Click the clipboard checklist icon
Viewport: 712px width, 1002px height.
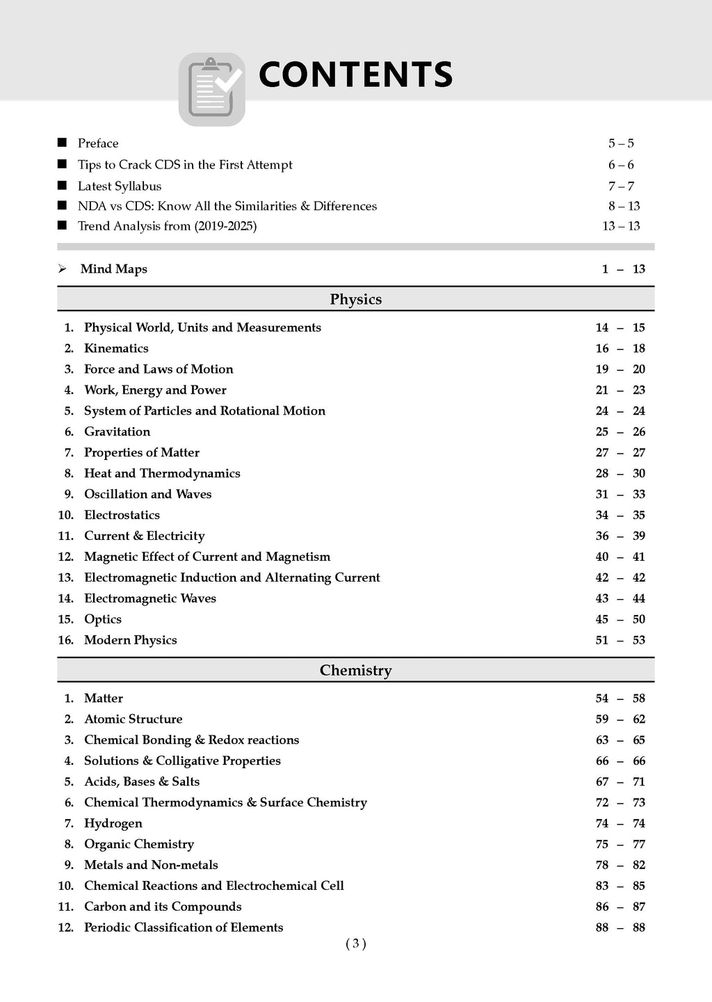click(212, 89)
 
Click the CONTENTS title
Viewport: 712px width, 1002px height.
click(355, 75)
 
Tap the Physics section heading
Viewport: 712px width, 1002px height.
click(355, 299)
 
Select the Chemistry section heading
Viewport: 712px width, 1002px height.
click(355, 670)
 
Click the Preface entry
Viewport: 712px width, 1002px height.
click(98, 143)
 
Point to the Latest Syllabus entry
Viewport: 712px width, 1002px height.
click(120, 186)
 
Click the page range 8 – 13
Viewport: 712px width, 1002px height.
click(624, 206)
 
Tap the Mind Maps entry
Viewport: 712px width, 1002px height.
click(114, 269)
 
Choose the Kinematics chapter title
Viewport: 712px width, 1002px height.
click(116, 348)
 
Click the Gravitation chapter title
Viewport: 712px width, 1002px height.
click(117, 431)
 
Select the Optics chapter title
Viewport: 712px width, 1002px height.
click(103, 619)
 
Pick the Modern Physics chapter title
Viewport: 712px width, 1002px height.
click(131, 640)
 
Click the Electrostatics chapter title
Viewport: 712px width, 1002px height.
click(122, 515)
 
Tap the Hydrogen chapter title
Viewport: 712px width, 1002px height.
click(113, 823)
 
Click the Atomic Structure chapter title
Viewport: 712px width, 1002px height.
click(133, 719)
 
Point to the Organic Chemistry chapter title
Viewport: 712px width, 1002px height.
click(139, 844)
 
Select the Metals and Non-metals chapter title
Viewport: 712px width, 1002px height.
click(151, 865)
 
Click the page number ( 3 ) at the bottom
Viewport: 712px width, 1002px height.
click(355, 944)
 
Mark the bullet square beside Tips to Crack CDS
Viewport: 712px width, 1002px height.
click(63, 164)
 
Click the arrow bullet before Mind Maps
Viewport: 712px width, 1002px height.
click(63, 269)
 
